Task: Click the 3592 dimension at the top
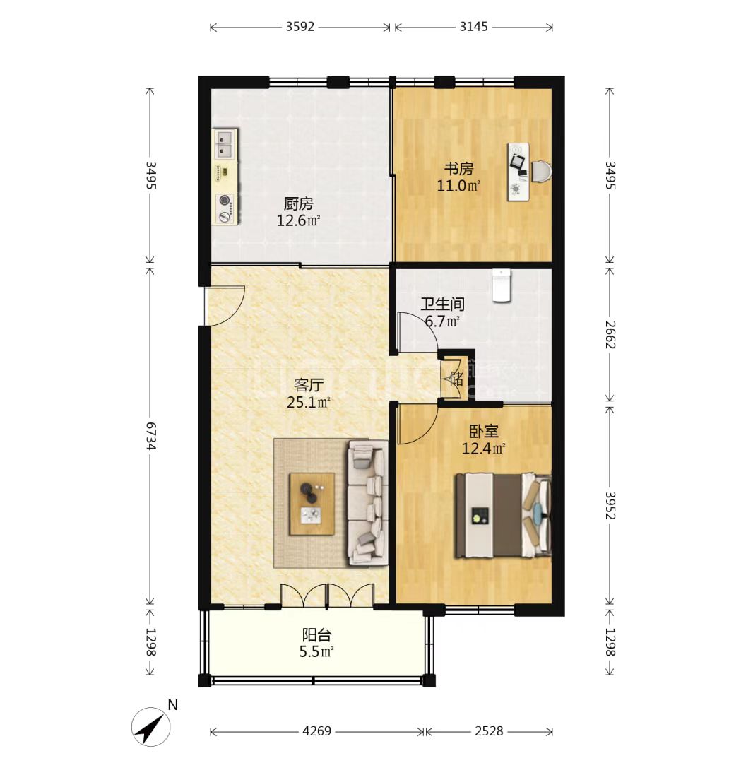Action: (x=300, y=27)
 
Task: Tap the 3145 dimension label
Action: (x=473, y=27)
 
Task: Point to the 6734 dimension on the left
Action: (x=150, y=436)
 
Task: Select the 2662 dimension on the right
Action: (x=610, y=334)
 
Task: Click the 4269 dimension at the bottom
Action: (x=316, y=731)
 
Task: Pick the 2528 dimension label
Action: (x=489, y=731)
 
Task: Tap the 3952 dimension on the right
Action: (x=610, y=505)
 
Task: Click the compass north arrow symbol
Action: (x=151, y=727)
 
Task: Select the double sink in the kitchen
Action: (x=225, y=144)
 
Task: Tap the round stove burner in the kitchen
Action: (x=225, y=199)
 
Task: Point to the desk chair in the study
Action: (x=542, y=171)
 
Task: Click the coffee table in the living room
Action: (x=312, y=503)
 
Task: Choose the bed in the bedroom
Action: (x=503, y=515)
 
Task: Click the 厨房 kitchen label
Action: (x=298, y=203)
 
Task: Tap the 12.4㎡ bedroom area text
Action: (x=483, y=448)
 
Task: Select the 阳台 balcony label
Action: (x=316, y=635)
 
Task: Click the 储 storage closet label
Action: (x=457, y=379)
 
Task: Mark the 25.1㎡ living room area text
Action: (x=309, y=403)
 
